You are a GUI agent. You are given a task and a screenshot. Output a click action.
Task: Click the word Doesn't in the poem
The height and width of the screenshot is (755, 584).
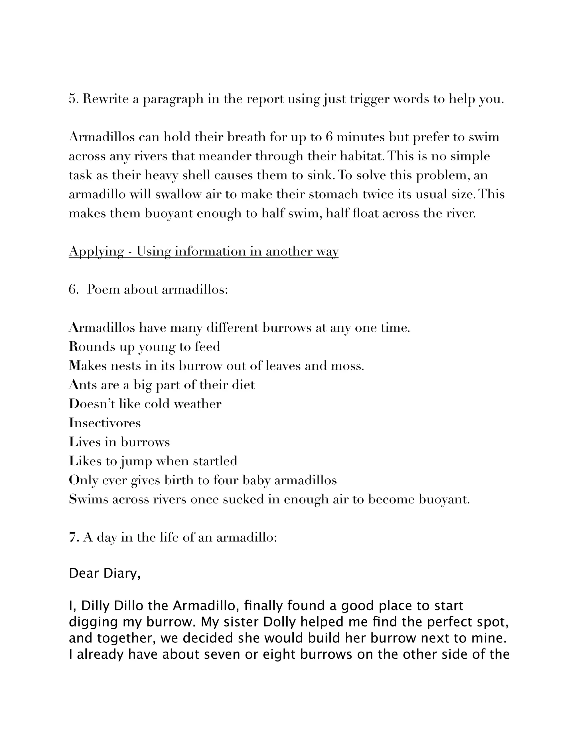click(92, 403)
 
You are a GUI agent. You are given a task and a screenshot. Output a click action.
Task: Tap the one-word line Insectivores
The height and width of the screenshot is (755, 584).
click(105, 423)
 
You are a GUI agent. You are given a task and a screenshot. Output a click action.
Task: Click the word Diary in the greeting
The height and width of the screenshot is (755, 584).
click(121, 574)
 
